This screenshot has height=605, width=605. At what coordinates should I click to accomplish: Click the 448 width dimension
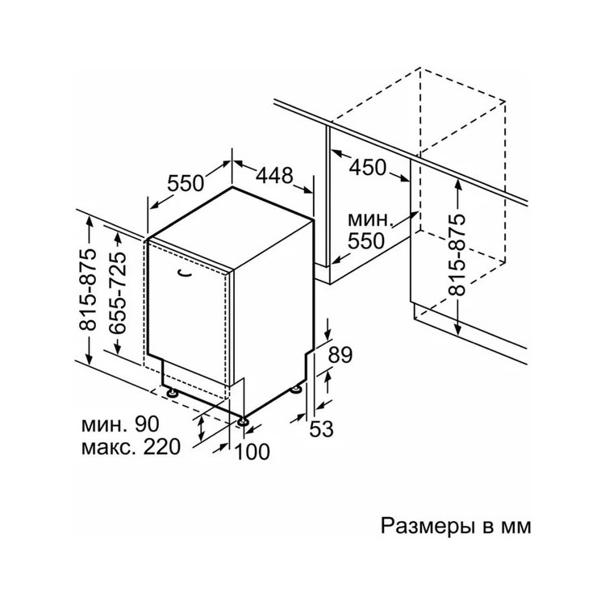point(275,175)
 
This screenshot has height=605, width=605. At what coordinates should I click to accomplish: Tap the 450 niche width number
point(367,168)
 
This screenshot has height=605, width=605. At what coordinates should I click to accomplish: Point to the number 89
point(340,355)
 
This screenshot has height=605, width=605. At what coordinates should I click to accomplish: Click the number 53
point(321,428)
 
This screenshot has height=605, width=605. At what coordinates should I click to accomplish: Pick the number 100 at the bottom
point(252,452)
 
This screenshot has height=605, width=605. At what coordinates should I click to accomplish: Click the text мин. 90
point(120,424)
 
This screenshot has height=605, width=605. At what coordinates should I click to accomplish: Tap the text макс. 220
point(131,447)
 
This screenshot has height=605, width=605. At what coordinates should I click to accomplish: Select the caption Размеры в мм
point(456,526)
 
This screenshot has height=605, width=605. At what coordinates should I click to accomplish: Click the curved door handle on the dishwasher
point(185,273)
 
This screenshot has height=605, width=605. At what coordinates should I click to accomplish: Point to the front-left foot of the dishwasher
point(172,393)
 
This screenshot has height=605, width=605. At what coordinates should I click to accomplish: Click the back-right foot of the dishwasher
point(296,390)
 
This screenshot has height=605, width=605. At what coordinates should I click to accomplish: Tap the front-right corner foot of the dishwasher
point(243,421)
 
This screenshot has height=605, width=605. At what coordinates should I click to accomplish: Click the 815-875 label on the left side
point(88,290)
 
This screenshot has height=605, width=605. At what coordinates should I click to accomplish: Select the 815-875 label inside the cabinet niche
point(458,254)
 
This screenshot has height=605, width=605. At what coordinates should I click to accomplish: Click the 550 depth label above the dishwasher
point(186,183)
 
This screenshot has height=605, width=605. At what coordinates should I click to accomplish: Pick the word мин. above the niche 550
point(370,220)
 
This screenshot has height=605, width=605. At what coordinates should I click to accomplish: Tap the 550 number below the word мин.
point(366,241)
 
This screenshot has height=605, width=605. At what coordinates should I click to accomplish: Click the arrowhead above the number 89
point(328,333)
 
